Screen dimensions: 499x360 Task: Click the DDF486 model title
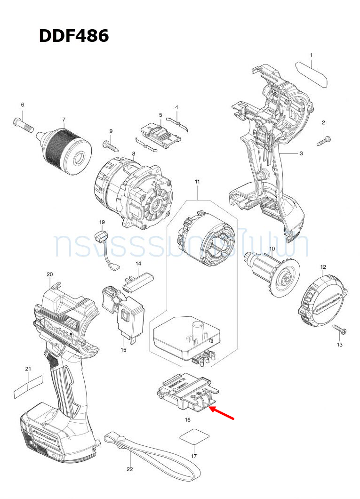(74, 36)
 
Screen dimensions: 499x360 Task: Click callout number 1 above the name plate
(311, 56)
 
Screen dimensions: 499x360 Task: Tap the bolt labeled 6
(22, 124)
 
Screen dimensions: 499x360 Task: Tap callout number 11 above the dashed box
(197, 182)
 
